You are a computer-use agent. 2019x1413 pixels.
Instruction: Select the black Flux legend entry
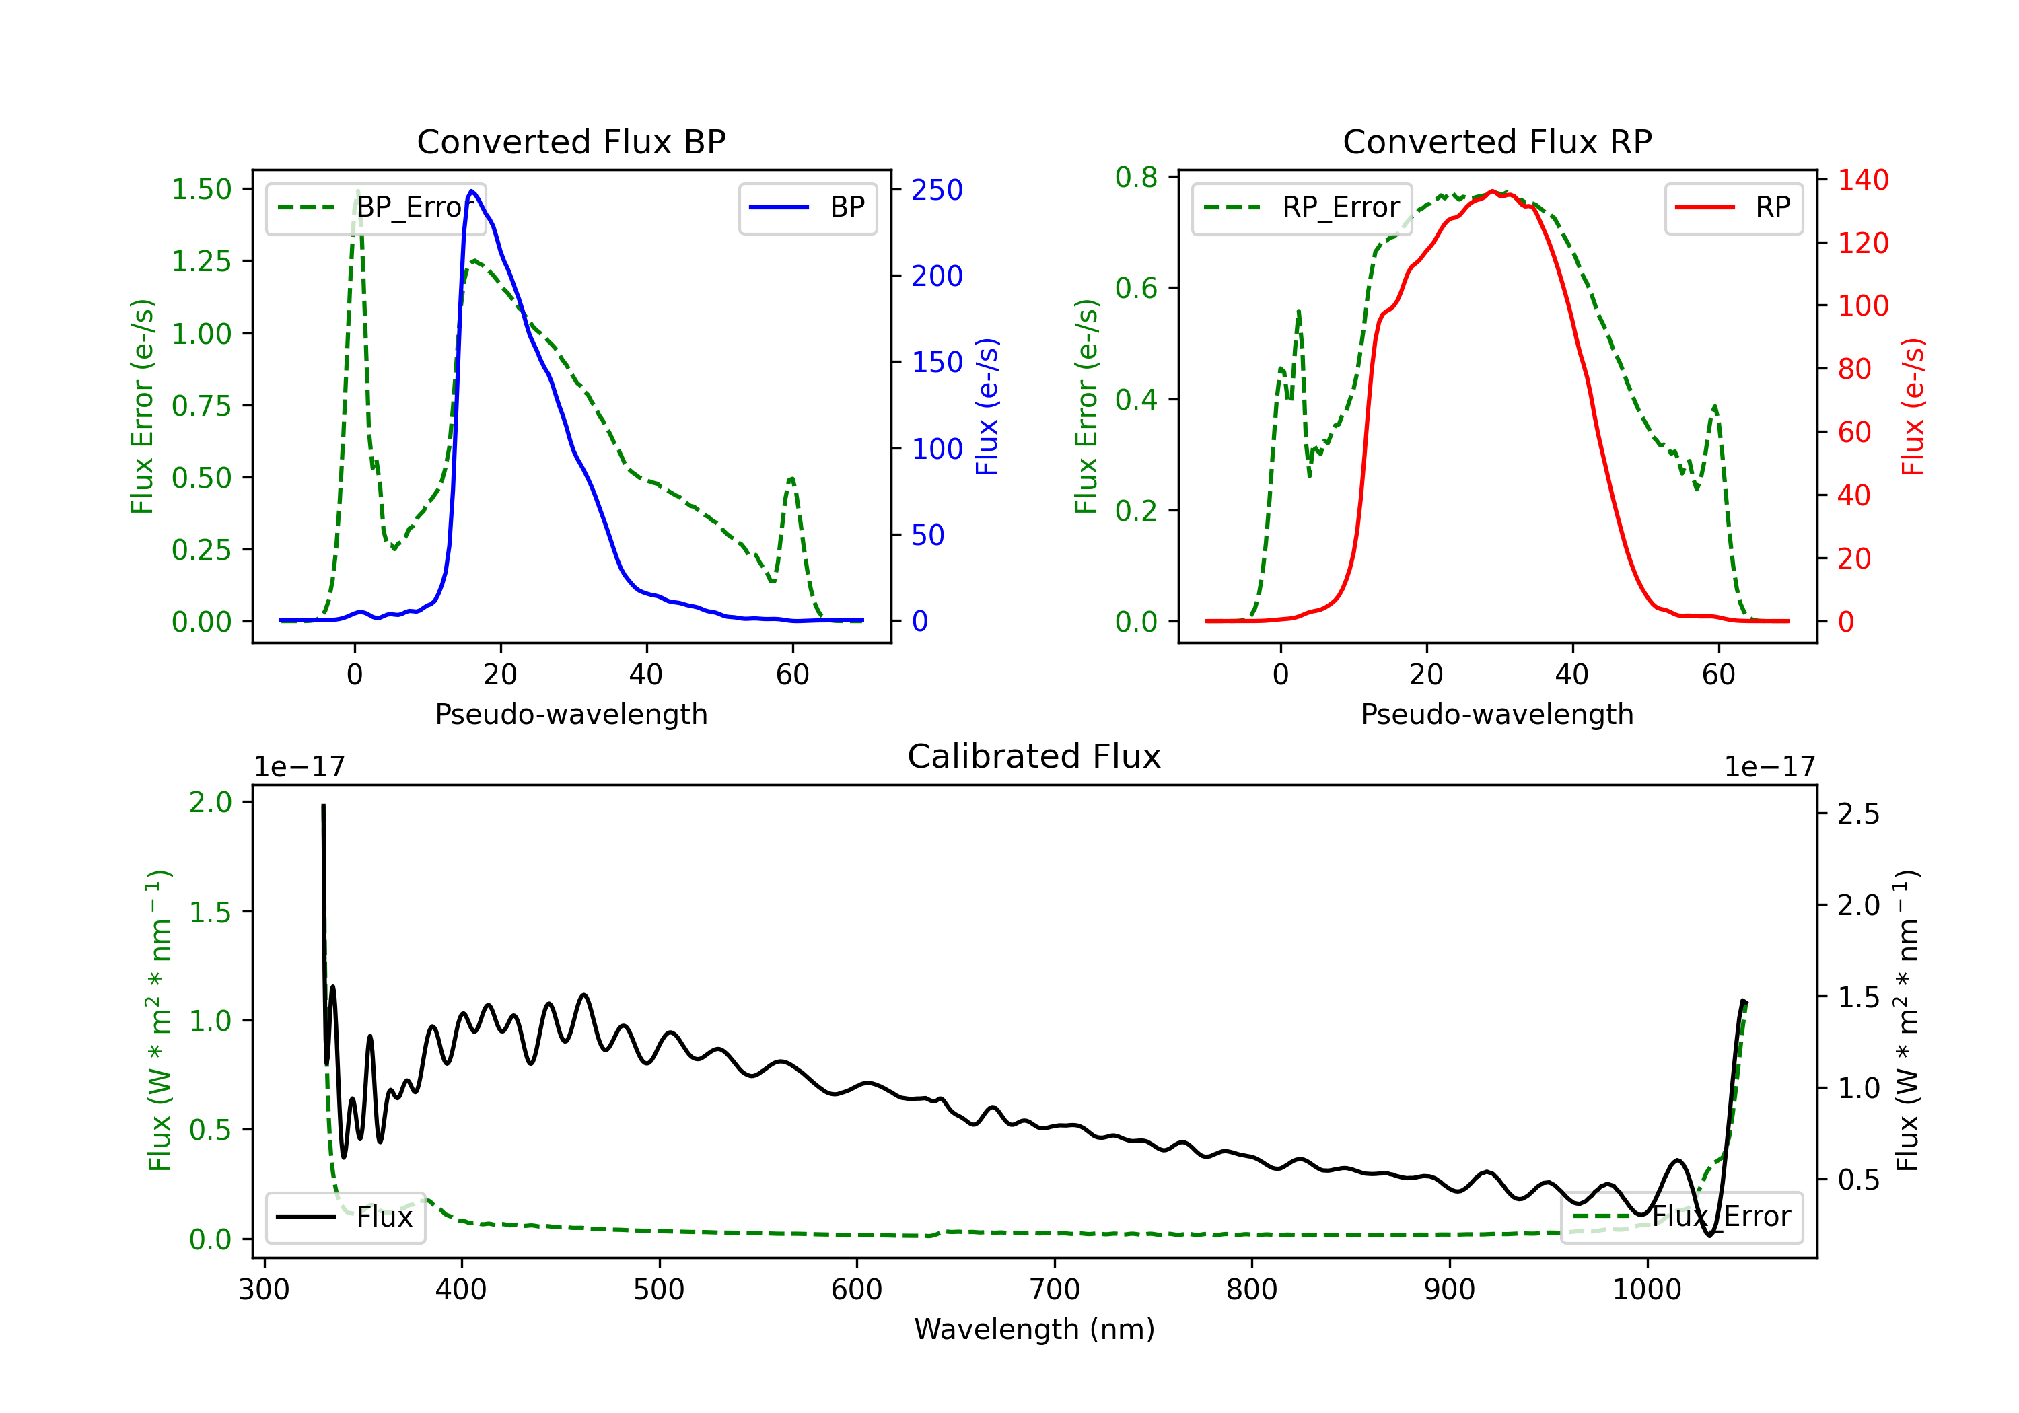pos(346,1218)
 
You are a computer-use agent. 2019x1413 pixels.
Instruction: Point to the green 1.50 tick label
pos(201,190)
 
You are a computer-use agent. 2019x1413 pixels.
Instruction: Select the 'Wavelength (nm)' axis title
pos(1034,1330)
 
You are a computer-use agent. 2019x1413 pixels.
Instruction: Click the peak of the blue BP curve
pos(472,191)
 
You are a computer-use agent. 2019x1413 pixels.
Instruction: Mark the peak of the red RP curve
pos(1492,192)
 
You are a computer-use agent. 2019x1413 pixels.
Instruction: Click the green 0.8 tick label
pos(1136,178)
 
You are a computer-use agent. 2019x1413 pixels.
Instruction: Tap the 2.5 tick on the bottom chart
pos(1858,814)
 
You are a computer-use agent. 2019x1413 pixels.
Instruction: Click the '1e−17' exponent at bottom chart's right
pos(1769,768)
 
